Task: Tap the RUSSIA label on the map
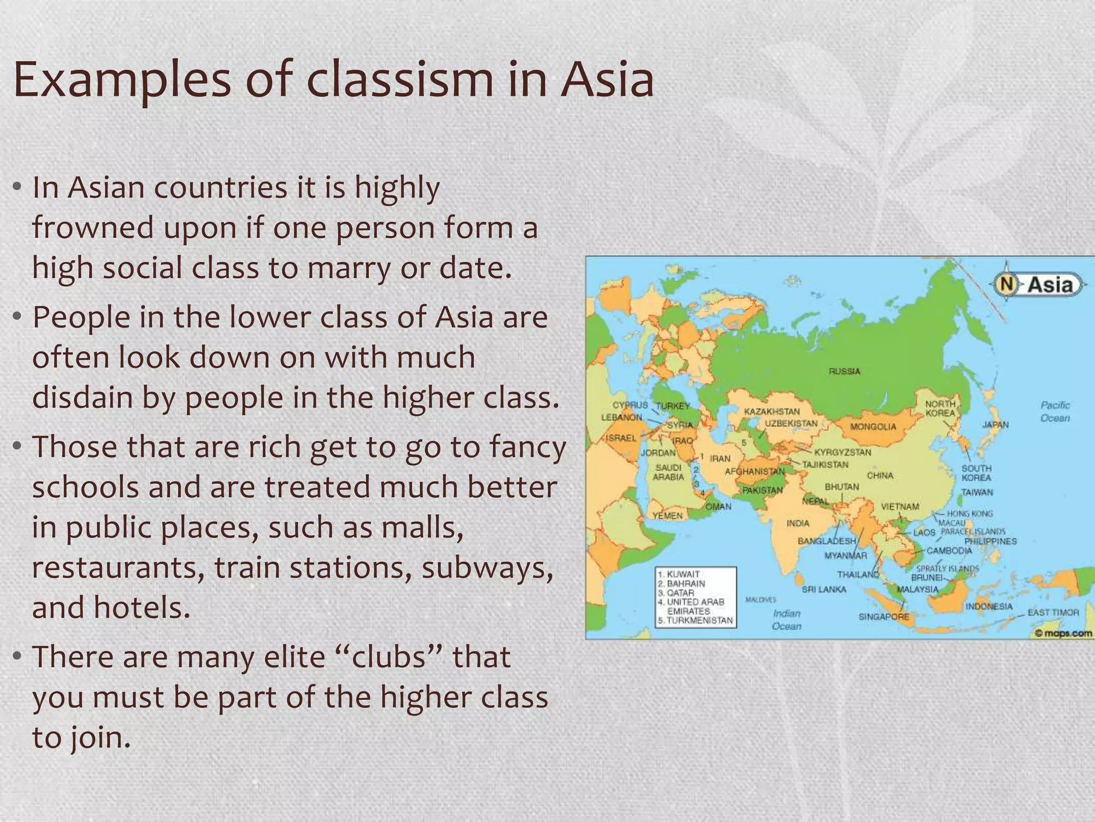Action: (844, 371)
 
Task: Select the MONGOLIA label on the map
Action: (873, 427)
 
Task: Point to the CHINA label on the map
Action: (880, 475)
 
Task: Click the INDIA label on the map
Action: (798, 523)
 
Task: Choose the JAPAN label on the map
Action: (995, 424)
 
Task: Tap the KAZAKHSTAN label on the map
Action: (772, 411)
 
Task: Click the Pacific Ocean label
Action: (1055, 412)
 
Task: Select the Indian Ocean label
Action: (786, 620)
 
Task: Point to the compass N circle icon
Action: (1006, 284)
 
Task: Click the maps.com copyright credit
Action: (1063, 633)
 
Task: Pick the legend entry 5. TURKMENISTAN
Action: (695, 620)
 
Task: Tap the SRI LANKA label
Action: (824, 589)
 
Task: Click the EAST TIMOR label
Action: (1053, 612)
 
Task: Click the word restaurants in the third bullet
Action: (118, 567)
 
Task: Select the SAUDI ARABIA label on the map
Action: (668, 472)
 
